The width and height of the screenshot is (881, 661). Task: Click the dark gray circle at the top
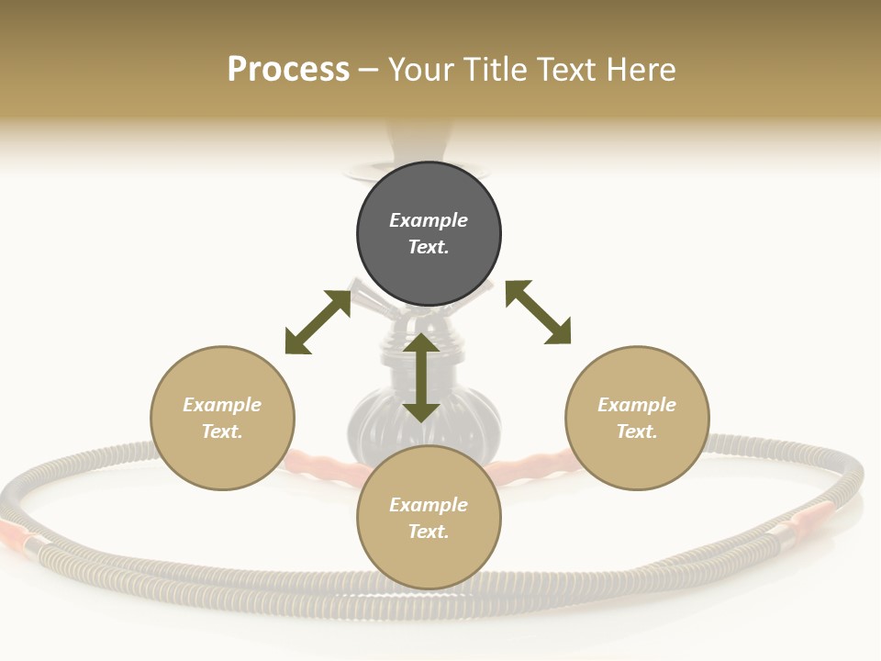click(429, 234)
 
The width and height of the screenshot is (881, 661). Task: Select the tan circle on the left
click(222, 419)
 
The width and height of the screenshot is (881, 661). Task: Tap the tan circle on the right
click(637, 419)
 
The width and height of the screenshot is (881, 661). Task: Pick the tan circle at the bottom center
click(429, 518)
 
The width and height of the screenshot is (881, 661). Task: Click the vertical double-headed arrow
click(421, 377)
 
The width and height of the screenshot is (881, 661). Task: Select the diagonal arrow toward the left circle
click(318, 322)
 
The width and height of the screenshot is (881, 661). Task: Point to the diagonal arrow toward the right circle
click(539, 312)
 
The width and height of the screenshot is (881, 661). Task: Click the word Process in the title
click(288, 70)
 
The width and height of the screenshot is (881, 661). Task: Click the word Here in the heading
click(641, 70)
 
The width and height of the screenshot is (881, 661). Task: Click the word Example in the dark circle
click(429, 220)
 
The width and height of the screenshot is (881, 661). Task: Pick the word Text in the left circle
click(220, 431)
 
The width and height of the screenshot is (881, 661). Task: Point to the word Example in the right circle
click(637, 405)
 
